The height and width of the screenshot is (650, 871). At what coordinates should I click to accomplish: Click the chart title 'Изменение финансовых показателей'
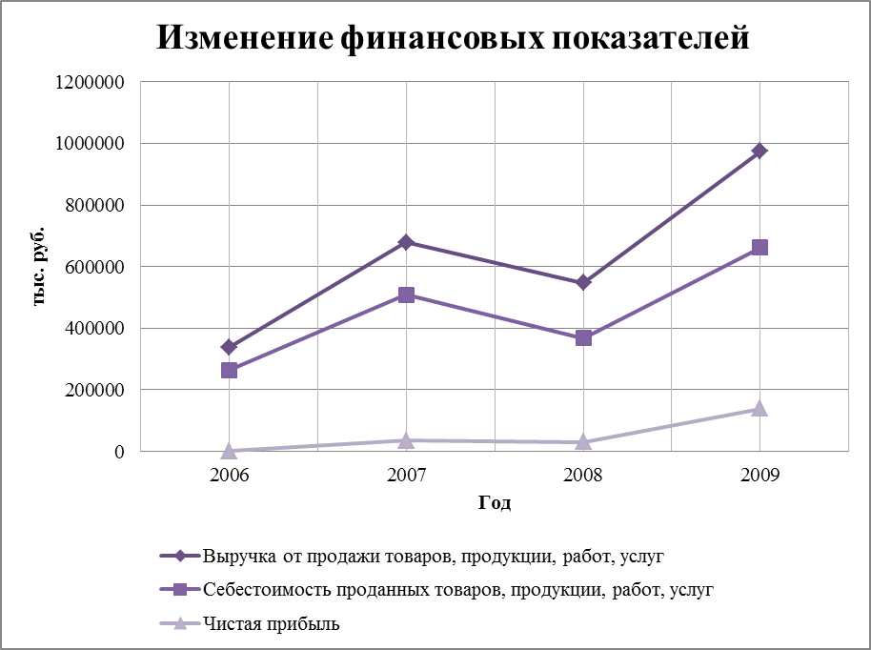tap(453, 37)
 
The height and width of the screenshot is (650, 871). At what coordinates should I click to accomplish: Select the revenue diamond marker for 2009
tap(760, 151)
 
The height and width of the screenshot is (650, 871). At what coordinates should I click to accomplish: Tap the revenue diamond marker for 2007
tap(407, 242)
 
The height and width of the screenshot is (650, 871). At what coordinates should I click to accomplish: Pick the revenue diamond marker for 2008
tap(583, 282)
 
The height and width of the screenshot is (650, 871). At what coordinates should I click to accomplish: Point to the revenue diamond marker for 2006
tap(230, 347)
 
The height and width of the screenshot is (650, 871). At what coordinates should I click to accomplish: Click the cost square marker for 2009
tap(760, 247)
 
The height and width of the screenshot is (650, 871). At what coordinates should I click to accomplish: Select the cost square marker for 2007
tap(407, 295)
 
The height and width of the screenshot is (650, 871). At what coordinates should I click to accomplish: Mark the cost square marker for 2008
tap(583, 337)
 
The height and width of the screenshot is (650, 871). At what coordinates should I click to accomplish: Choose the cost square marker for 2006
tap(230, 370)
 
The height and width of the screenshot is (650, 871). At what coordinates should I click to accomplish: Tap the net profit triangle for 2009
tap(760, 408)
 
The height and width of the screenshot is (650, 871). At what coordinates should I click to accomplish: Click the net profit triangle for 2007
tap(407, 439)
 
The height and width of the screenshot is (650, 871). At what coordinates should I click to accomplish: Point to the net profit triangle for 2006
tap(230, 450)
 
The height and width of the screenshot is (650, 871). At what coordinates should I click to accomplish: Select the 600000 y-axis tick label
tap(92, 267)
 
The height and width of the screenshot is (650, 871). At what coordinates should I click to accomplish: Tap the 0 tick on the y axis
tap(120, 452)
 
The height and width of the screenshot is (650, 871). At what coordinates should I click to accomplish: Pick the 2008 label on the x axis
tap(583, 475)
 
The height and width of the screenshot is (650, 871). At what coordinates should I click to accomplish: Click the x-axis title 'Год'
tap(495, 503)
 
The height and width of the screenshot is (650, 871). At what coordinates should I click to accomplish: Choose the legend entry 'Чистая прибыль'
tap(272, 624)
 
